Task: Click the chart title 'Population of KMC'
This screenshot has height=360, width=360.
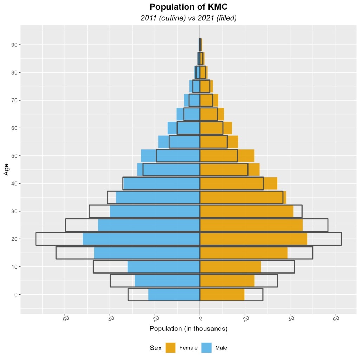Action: click(x=188, y=7)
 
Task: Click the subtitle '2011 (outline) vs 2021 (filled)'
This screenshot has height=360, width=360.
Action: click(x=188, y=18)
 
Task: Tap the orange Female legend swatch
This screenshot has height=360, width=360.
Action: click(x=171, y=348)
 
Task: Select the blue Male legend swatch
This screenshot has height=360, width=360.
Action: click(x=206, y=348)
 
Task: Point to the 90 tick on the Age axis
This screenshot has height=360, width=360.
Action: click(x=16, y=45)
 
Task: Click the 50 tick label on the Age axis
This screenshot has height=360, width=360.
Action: click(x=16, y=156)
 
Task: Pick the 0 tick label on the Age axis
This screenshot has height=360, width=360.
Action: click(x=16, y=295)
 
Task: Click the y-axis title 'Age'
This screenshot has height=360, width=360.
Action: click(x=6, y=169)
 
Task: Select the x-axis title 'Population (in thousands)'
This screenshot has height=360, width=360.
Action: click(x=188, y=329)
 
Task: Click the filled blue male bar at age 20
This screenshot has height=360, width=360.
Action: click(x=141, y=239)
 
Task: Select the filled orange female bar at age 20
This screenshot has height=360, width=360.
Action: click(x=253, y=239)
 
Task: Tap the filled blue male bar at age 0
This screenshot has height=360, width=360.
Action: click(x=174, y=295)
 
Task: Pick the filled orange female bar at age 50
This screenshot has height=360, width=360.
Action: click(x=227, y=156)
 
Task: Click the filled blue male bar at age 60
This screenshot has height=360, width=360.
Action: click(x=184, y=128)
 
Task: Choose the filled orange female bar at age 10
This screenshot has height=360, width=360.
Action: click(x=230, y=267)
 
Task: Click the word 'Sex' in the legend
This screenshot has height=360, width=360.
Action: click(x=155, y=348)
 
